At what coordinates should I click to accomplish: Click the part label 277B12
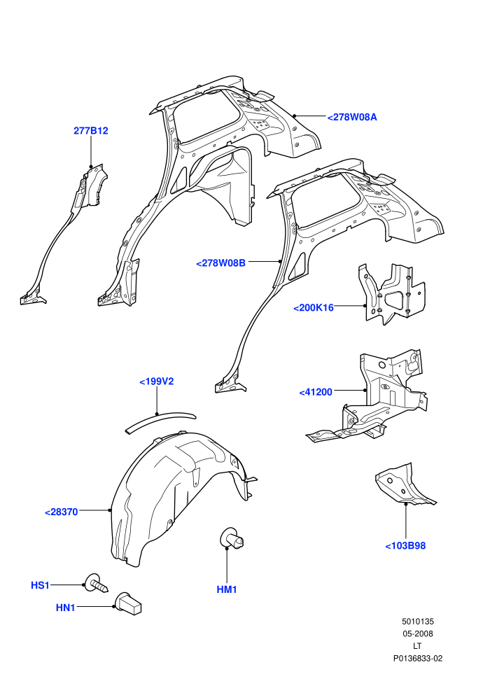90,131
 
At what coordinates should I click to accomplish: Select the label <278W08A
352,117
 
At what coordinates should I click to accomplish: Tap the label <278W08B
220,263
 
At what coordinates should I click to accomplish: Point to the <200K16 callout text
314,307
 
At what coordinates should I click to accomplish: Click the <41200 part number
316,392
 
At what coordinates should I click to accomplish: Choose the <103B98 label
405,546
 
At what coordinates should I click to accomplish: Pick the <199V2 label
157,381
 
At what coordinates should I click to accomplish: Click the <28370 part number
62,512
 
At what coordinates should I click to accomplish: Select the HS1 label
40,585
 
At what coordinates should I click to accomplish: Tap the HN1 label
65,608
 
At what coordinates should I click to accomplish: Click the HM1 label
227,589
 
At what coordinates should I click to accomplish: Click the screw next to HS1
96,583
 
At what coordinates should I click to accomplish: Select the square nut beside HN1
129,603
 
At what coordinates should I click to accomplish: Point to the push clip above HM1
232,539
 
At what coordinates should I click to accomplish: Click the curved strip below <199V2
160,421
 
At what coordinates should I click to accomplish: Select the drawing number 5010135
418,622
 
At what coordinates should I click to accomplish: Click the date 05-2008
418,633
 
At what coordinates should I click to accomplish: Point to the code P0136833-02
418,659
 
